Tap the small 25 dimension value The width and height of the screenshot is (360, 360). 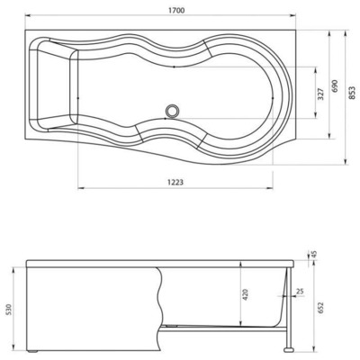pos(299,292)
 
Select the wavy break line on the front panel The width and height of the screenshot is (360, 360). pos(160,306)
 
